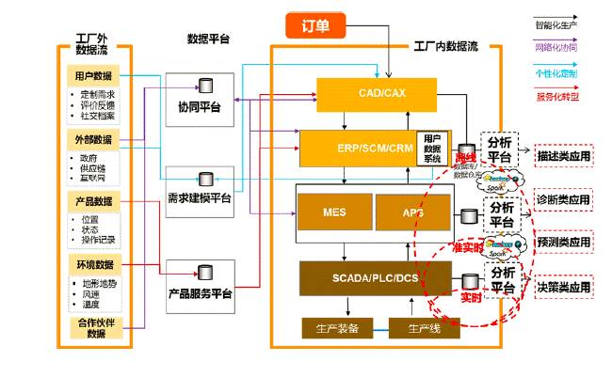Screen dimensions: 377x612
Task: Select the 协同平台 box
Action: [x=199, y=100]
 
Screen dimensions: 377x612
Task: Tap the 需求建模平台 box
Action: [x=199, y=192]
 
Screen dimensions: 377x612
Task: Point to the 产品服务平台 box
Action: [x=199, y=286]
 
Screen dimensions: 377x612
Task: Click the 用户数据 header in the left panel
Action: [x=93, y=75]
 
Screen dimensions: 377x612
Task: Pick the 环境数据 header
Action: [x=93, y=263]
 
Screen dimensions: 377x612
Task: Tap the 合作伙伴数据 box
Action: [x=93, y=328]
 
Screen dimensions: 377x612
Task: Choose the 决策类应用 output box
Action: [x=563, y=286]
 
